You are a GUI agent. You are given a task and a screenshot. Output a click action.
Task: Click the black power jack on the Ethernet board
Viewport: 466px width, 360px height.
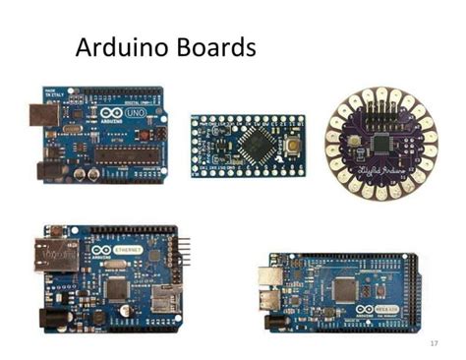[x=49, y=317]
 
